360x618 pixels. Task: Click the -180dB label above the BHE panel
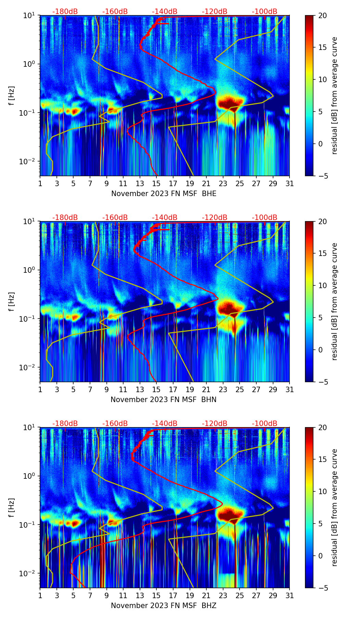65,12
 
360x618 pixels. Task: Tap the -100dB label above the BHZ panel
265,424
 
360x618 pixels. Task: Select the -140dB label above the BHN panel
165,218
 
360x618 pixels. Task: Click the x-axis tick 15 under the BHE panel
156,184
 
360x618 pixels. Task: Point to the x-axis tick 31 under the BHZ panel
290,596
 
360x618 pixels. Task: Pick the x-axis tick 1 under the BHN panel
40,390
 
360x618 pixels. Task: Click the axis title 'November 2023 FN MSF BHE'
164,194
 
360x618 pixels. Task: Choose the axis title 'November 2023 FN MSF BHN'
164,400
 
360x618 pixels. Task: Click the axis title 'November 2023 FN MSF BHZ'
164,606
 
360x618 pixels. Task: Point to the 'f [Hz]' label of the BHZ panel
12,507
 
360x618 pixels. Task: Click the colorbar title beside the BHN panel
335,301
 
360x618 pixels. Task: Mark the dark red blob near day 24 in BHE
230,102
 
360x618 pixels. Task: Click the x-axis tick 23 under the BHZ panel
223,596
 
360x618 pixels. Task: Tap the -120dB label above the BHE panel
215,12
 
